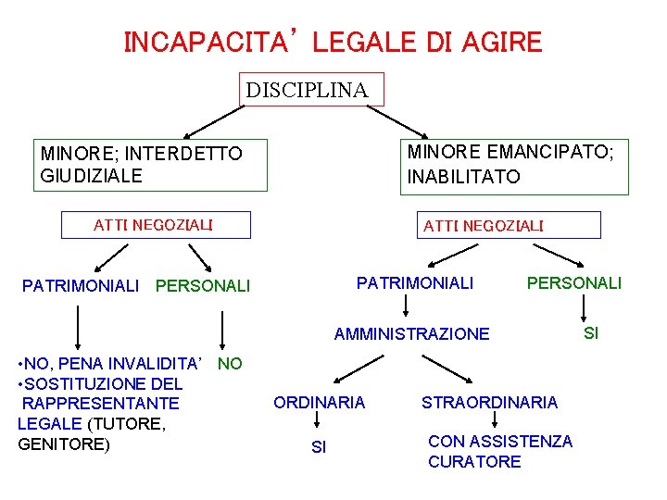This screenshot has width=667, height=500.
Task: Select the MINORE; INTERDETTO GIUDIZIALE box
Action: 152,165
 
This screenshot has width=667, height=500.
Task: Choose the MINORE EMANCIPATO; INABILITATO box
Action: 514,164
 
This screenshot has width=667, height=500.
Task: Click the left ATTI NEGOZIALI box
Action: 155,225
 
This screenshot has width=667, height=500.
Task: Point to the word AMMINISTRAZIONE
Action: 411,333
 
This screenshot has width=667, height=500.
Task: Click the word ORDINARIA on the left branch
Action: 319,402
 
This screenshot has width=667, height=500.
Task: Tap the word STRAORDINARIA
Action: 489,402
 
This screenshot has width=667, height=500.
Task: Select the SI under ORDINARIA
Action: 319,447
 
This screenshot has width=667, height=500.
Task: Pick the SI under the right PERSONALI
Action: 590,331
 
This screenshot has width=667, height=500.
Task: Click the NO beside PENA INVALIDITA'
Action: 230,364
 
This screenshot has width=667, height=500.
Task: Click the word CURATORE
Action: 474,461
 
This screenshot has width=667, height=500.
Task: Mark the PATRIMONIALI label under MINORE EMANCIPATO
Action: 415,282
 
